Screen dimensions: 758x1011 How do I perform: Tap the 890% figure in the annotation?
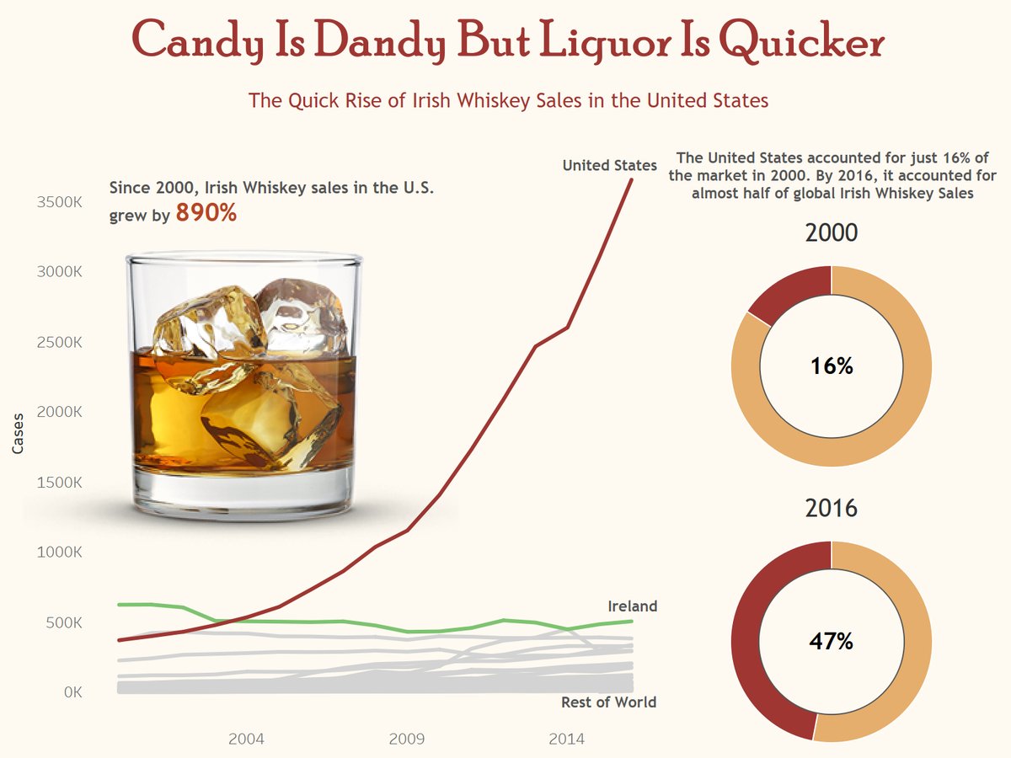tap(206, 214)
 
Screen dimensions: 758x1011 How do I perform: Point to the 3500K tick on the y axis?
tap(58, 203)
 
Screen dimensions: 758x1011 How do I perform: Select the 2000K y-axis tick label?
tap(58, 413)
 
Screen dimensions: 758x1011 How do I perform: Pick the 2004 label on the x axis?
tap(246, 739)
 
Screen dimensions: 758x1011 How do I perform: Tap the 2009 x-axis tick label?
tap(407, 739)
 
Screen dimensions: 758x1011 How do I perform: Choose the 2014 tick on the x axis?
tap(567, 739)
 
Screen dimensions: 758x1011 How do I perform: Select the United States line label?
tap(609, 166)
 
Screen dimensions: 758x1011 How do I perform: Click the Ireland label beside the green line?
tap(632, 606)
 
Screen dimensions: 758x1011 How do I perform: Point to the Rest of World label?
tap(608, 702)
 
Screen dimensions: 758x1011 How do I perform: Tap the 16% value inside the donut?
tap(832, 366)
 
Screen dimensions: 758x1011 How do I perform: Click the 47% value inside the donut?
tap(832, 642)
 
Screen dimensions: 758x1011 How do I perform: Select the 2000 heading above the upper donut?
tap(832, 233)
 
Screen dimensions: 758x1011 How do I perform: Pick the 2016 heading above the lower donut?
tap(832, 509)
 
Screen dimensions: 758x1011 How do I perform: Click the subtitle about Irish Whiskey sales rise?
tap(509, 101)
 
